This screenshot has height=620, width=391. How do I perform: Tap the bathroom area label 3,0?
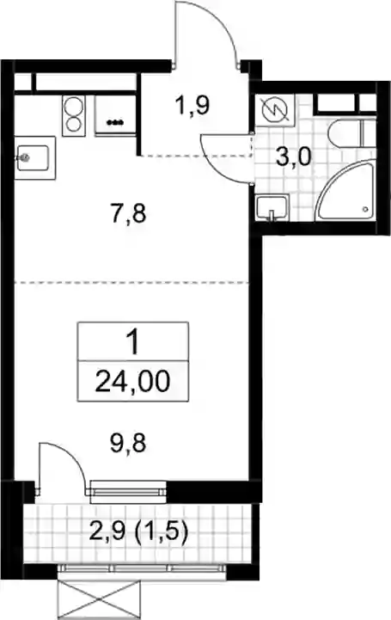pos(293,157)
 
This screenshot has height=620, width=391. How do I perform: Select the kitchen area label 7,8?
pos(128,214)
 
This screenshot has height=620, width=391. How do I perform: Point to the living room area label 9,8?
pos(128,443)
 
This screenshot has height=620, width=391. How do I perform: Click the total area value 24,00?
pos(132,382)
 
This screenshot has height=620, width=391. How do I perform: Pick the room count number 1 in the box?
pos(133,342)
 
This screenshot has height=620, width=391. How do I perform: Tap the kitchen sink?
pos(34,157)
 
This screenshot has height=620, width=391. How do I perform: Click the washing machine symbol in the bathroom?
pos(275,108)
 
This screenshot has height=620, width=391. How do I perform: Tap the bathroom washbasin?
pos(272,208)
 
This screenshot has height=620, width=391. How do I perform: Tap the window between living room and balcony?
pos(128,492)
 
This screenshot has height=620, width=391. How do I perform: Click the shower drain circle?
pos(366,209)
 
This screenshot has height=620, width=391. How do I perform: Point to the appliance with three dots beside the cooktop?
pos(116,115)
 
